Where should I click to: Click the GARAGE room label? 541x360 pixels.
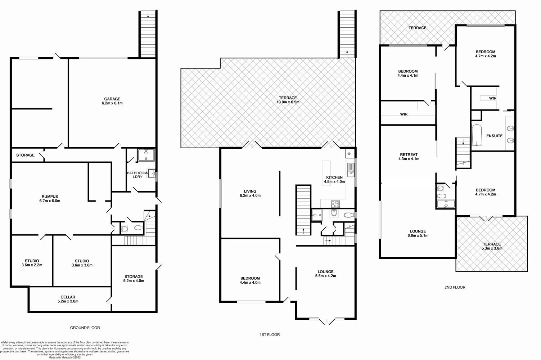[x=112, y=101]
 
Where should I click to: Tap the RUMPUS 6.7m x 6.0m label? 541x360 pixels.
[x=50, y=199]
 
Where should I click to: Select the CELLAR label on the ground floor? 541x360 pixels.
[x=68, y=299]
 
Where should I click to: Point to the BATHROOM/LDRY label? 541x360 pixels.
[x=137, y=175]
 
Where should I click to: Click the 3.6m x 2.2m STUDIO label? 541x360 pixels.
[x=32, y=263]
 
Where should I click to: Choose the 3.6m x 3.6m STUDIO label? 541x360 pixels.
[x=82, y=263]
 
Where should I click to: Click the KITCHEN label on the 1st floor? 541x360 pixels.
[x=334, y=179]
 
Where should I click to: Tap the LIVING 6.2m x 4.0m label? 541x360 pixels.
[x=250, y=194]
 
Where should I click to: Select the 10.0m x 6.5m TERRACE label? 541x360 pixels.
[x=288, y=100]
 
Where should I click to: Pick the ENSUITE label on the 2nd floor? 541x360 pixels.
[x=494, y=136]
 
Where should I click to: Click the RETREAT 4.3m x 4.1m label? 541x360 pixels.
[x=409, y=157]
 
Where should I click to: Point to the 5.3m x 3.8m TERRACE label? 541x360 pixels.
[x=492, y=246]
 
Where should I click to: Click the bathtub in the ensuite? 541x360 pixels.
[x=477, y=135]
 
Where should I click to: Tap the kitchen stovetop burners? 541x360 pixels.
[x=335, y=203]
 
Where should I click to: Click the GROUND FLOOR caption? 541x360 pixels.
[x=85, y=328]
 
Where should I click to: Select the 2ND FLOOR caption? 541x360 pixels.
[x=455, y=288]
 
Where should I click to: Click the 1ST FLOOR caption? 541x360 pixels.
[x=270, y=335]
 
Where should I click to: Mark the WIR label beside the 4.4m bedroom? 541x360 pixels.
[x=404, y=114]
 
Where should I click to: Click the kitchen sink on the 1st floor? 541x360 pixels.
[x=351, y=168]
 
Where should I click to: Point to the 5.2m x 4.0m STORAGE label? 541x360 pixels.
[x=134, y=279]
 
